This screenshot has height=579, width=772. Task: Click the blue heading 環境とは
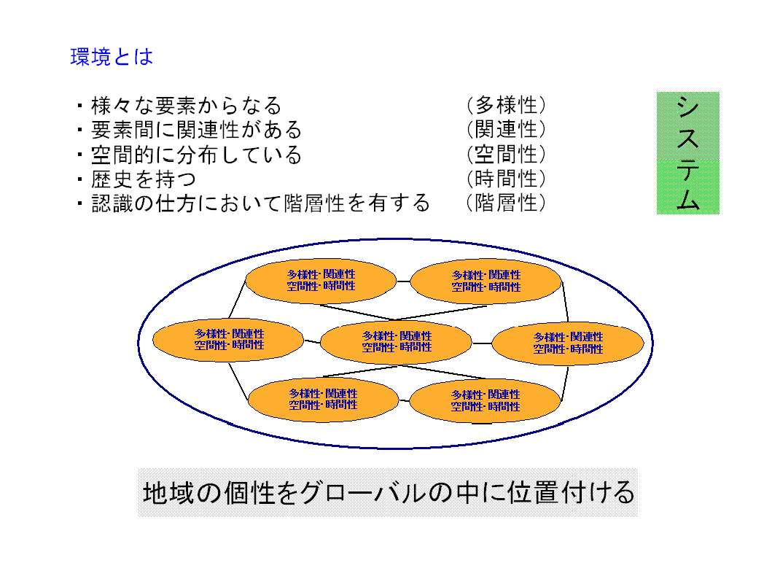coord(112,57)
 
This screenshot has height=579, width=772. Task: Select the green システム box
coord(688,152)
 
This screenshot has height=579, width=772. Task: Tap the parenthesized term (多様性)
coord(506,105)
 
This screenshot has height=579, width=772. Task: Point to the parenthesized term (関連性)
coord(506,130)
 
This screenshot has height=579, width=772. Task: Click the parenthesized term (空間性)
coord(506,154)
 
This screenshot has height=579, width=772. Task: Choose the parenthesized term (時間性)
coord(506,178)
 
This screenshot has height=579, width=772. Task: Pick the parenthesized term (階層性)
coord(506,202)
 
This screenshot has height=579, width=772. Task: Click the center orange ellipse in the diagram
coord(397,342)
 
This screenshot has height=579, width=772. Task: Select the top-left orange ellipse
coord(321,280)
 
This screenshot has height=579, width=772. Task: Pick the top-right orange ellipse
coord(486,281)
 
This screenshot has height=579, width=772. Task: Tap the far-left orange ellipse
coord(228,339)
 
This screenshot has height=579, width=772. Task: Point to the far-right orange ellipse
coord(568,343)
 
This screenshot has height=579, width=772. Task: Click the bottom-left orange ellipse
coord(323,400)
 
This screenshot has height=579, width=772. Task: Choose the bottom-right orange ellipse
coord(486,400)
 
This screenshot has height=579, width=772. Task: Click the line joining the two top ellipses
coord(403,281)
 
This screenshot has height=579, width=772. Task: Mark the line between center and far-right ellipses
coord(482,343)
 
